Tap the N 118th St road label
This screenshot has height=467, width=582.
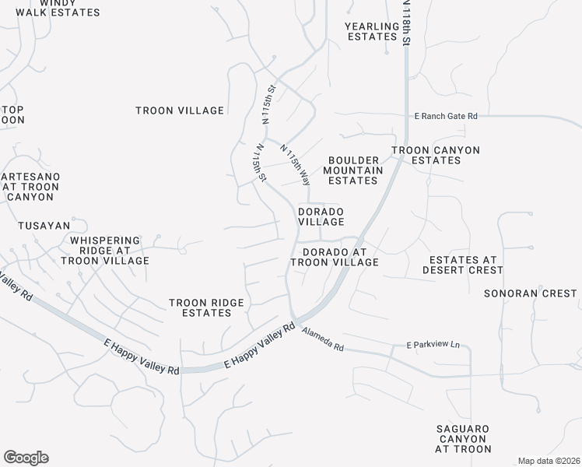point(406,23)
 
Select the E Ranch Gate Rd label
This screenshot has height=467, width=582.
point(445,116)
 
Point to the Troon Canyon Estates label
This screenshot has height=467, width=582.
point(435,155)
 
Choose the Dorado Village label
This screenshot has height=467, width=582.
point(321,216)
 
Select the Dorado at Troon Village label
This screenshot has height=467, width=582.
point(335,258)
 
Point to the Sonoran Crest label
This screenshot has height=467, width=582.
point(530,293)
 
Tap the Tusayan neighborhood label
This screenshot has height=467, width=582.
point(44,226)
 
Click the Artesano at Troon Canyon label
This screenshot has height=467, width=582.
point(30,187)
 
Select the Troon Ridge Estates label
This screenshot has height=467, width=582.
point(206,307)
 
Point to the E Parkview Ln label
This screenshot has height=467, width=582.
point(433,344)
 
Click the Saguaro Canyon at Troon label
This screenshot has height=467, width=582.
point(463,439)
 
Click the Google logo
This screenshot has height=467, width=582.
point(26,458)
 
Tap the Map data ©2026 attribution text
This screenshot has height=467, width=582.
point(549,461)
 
